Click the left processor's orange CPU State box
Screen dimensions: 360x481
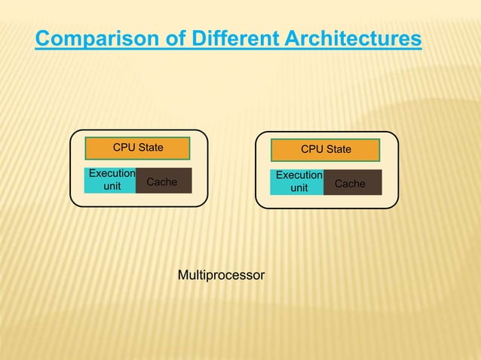click(137, 148)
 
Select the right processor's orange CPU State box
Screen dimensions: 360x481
click(326, 150)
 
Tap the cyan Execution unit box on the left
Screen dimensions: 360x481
click(111, 181)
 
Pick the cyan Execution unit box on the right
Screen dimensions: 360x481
click(299, 182)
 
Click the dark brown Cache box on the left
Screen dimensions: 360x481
click(163, 181)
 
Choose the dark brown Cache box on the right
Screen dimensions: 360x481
click(351, 183)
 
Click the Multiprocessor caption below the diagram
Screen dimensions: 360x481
click(221, 276)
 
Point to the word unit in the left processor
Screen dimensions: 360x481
click(112, 188)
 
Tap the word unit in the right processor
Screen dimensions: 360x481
click(299, 189)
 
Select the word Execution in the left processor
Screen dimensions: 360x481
click(112, 174)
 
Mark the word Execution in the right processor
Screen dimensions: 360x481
click(299, 176)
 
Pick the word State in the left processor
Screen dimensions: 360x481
click(151, 148)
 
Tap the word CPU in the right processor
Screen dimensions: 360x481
click(312, 150)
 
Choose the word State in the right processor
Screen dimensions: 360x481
click(339, 150)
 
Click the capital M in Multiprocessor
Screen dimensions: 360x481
click(182, 276)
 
